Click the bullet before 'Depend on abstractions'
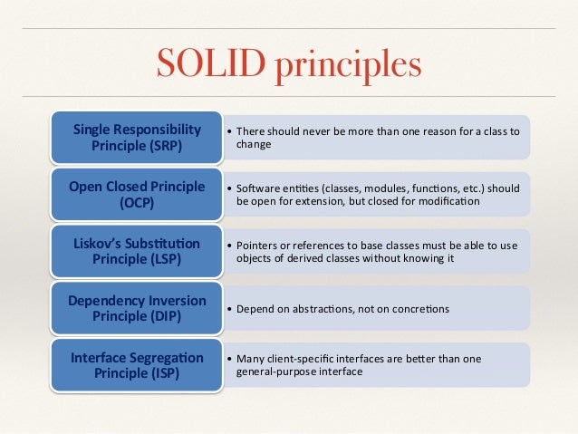228,309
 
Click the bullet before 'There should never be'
228,130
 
